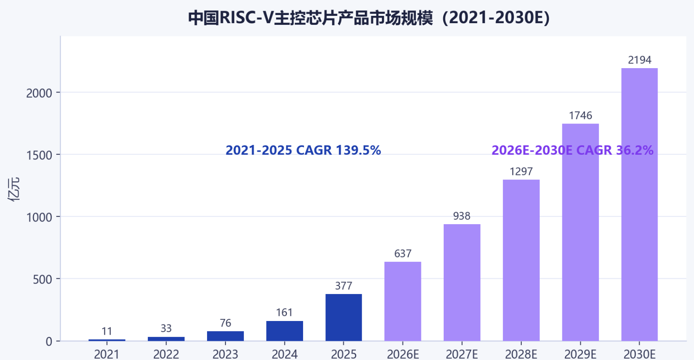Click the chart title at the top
(x=369, y=18)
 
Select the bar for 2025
(x=344, y=317)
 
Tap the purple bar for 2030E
(x=640, y=204)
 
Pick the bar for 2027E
(x=462, y=282)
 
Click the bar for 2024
(x=285, y=331)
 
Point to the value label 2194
(x=640, y=60)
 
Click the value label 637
(x=403, y=253)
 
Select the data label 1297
(x=521, y=171)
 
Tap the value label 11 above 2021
(x=107, y=331)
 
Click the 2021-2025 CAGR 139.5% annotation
(x=303, y=150)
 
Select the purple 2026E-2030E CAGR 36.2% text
(x=572, y=150)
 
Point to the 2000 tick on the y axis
(x=39, y=93)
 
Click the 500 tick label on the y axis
(x=42, y=279)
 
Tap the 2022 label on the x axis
(x=166, y=354)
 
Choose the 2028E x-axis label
(x=521, y=354)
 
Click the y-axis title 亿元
(x=14, y=189)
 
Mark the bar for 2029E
(x=580, y=232)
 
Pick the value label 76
(x=225, y=323)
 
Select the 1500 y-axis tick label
(x=39, y=155)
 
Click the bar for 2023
(x=225, y=336)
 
